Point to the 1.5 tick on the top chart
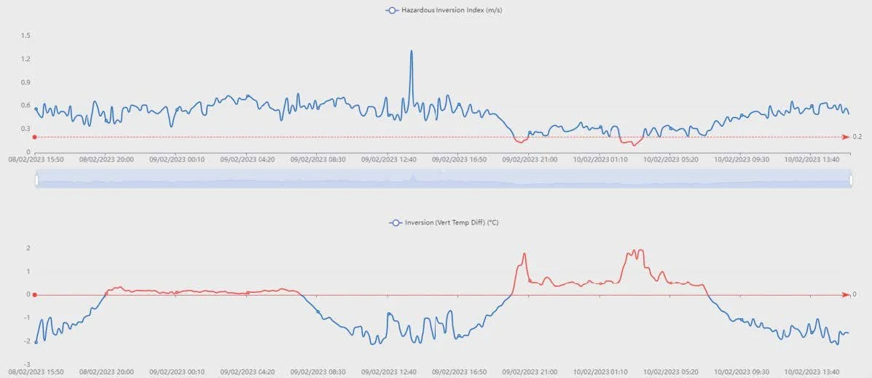click(25, 36)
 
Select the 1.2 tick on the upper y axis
click(25, 59)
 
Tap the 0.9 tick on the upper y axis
click(25, 82)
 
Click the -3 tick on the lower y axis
click(27, 364)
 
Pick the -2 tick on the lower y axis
click(27, 341)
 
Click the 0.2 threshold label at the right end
click(857, 137)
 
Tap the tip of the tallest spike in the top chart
click(412, 51)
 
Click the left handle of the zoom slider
click(36, 179)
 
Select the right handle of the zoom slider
click(851, 179)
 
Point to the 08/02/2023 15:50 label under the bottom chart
click(36, 371)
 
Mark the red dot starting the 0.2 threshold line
click(35, 137)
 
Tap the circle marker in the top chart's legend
click(393, 10)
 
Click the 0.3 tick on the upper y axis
click(25, 129)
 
